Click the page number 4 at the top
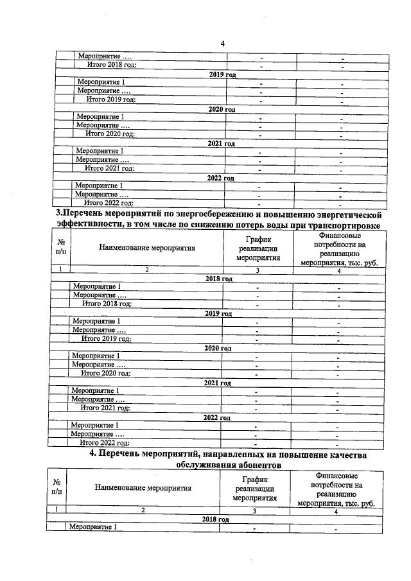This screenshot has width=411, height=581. click(x=222, y=44)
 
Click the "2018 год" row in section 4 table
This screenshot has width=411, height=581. click(x=215, y=519)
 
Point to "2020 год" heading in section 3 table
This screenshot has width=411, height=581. click(x=217, y=348)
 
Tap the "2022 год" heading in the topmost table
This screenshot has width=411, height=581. click(x=220, y=178)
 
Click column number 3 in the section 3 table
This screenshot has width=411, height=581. click(x=257, y=270)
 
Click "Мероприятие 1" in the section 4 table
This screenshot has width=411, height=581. click(x=92, y=527)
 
